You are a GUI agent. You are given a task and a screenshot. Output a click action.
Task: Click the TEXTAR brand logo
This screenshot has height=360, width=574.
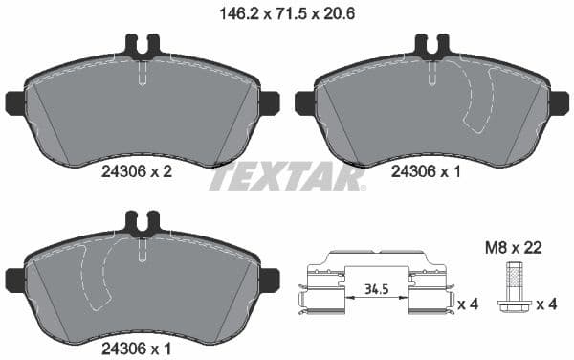coord(286,177)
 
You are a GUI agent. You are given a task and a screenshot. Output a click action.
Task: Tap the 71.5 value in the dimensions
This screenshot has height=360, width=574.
coord(284,14)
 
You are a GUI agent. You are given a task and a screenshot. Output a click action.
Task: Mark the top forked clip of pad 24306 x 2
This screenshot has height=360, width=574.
coord(142,45)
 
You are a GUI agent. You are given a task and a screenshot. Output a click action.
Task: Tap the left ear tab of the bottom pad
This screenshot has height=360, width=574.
coord(15,280)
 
